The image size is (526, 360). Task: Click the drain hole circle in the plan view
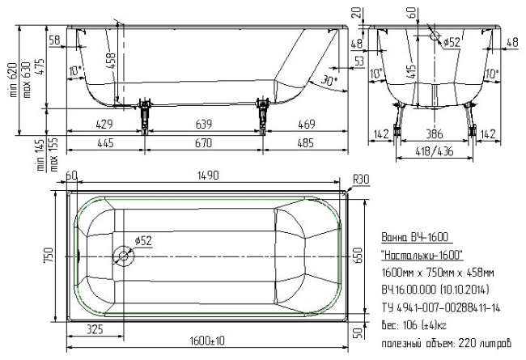pos(124,256)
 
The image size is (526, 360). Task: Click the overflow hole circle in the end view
pos(435,37)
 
